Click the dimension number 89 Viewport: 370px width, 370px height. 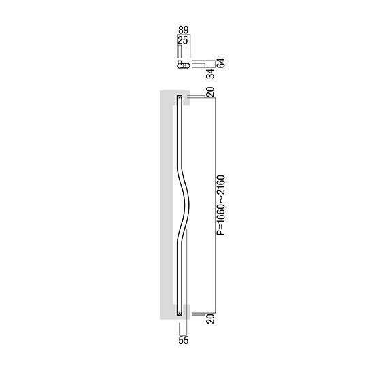pyautogui.click(x=184, y=30)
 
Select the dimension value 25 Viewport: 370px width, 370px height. pyautogui.click(x=183, y=40)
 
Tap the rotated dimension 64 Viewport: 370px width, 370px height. pyautogui.click(x=221, y=63)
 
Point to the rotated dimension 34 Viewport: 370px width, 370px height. pyautogui.click(x=210, y=73)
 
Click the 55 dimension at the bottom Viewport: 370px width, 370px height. pyautogui.click(x=184, y=340)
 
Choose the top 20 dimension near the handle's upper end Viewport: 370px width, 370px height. pyautogui.click(x=210, y=92)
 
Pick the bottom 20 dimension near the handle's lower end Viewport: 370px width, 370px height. pyautogui.click(x=210, y=318)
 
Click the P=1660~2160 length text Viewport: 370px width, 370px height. pyautogui.click(x=221, y=205)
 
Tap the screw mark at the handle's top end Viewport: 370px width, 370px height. pyautogui.click(x=180, y=97)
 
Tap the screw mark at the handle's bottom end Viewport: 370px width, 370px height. pyautogui.click(x=180, y=313)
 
